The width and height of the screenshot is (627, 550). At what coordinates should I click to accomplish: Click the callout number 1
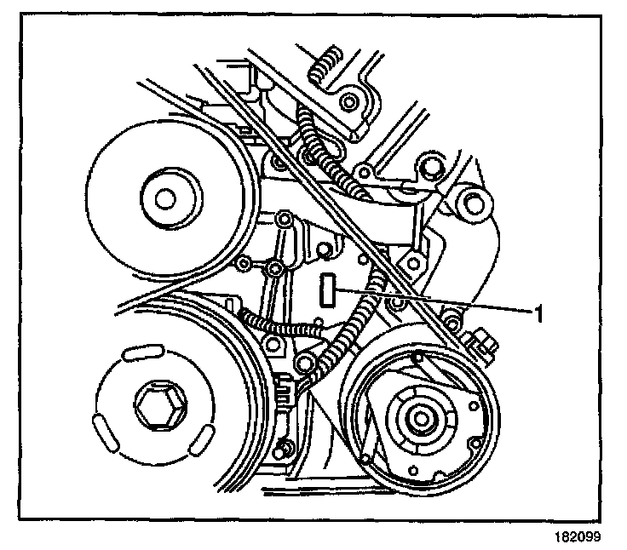click(x=538, y=312)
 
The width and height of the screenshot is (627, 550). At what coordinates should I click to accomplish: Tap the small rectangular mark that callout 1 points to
click(x=325, y=290)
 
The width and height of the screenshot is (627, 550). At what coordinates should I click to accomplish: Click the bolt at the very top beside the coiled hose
click(x=348, y=104)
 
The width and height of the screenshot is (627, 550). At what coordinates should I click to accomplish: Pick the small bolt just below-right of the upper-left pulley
click(x=274, y=270)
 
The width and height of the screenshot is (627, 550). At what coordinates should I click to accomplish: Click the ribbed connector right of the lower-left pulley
click(x=287, y=392)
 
